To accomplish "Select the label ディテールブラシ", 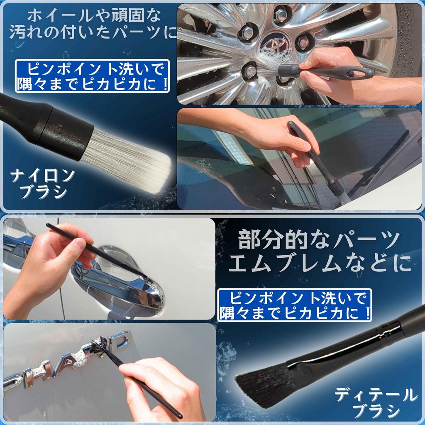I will tap(376, 402).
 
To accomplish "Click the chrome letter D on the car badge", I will tap(118, 340).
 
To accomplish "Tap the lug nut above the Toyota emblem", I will tap(281, 15).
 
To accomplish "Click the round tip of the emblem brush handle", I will tap(178, 415).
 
